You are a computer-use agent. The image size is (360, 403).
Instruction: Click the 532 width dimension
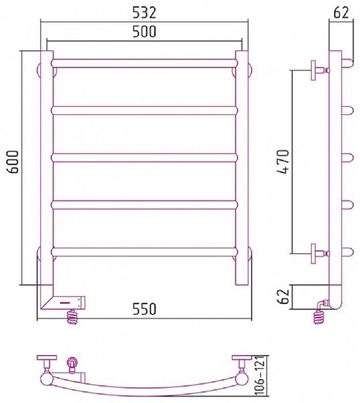pos(144,12)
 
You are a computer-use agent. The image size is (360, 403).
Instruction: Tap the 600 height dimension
pos(13,161)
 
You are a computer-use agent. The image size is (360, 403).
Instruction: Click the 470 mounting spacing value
pos(284,161)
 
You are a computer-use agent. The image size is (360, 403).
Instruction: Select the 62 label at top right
pos(341,12)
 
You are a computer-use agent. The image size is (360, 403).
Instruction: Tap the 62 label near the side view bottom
pos(284,296)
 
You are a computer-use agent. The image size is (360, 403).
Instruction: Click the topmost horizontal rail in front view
pos(144,63)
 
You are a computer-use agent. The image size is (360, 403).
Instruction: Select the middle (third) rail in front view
pos(144,157)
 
